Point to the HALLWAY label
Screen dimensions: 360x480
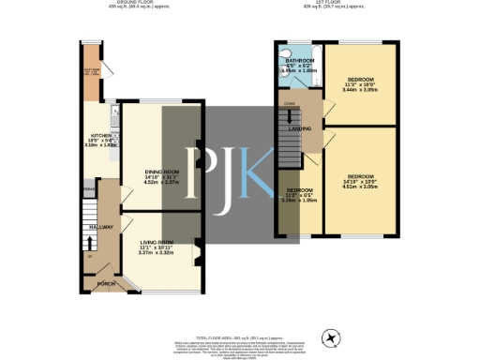point(101,227)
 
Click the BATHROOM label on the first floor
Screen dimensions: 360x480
point(300,60)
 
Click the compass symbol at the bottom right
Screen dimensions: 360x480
point(330,337)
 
